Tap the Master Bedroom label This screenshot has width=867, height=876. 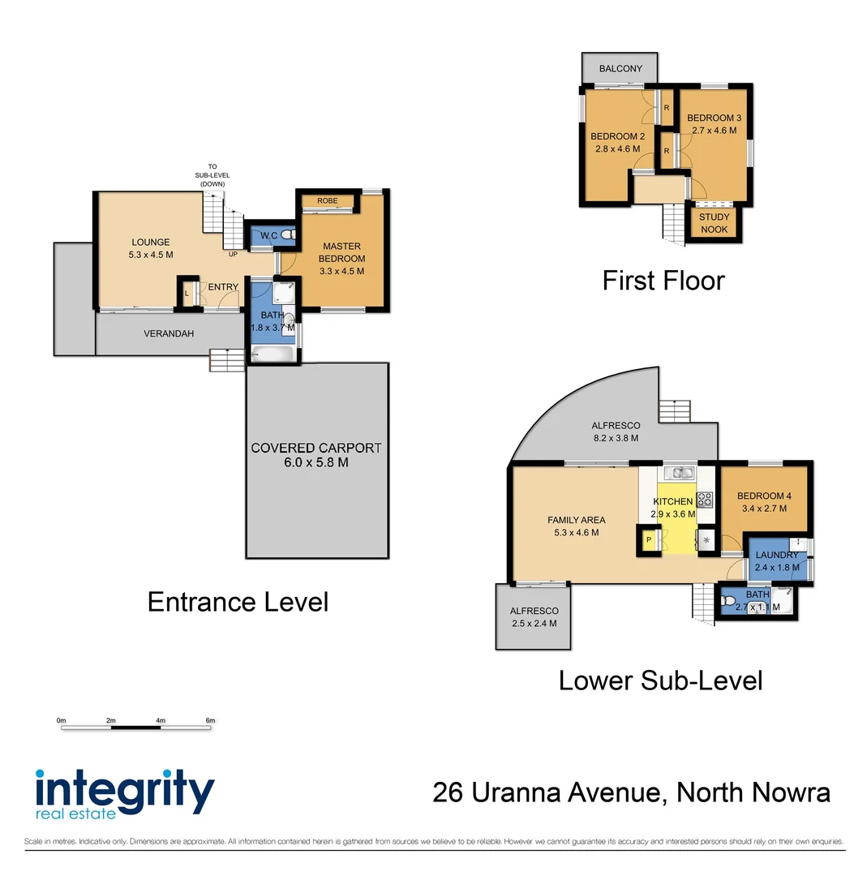coord(341,252)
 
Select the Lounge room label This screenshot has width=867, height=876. coord(151,242)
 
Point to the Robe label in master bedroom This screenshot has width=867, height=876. coord(327,200)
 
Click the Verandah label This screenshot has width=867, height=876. coord(169,333)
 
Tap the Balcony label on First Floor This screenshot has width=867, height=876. coord(620,69)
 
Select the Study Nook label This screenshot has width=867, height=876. coord(714,223)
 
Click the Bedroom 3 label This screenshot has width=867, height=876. coord(714,118)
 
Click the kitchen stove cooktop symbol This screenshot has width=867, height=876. coord(705,500)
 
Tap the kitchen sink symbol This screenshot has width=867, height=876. coord(676,473)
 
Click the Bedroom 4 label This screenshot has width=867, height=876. coord(762,496)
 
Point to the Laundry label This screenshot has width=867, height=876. coord(777,555)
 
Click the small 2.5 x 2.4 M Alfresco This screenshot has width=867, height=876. coord(534,617)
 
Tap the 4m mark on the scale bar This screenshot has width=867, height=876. coord(161,720)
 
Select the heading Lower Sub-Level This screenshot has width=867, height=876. coord(660,680)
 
